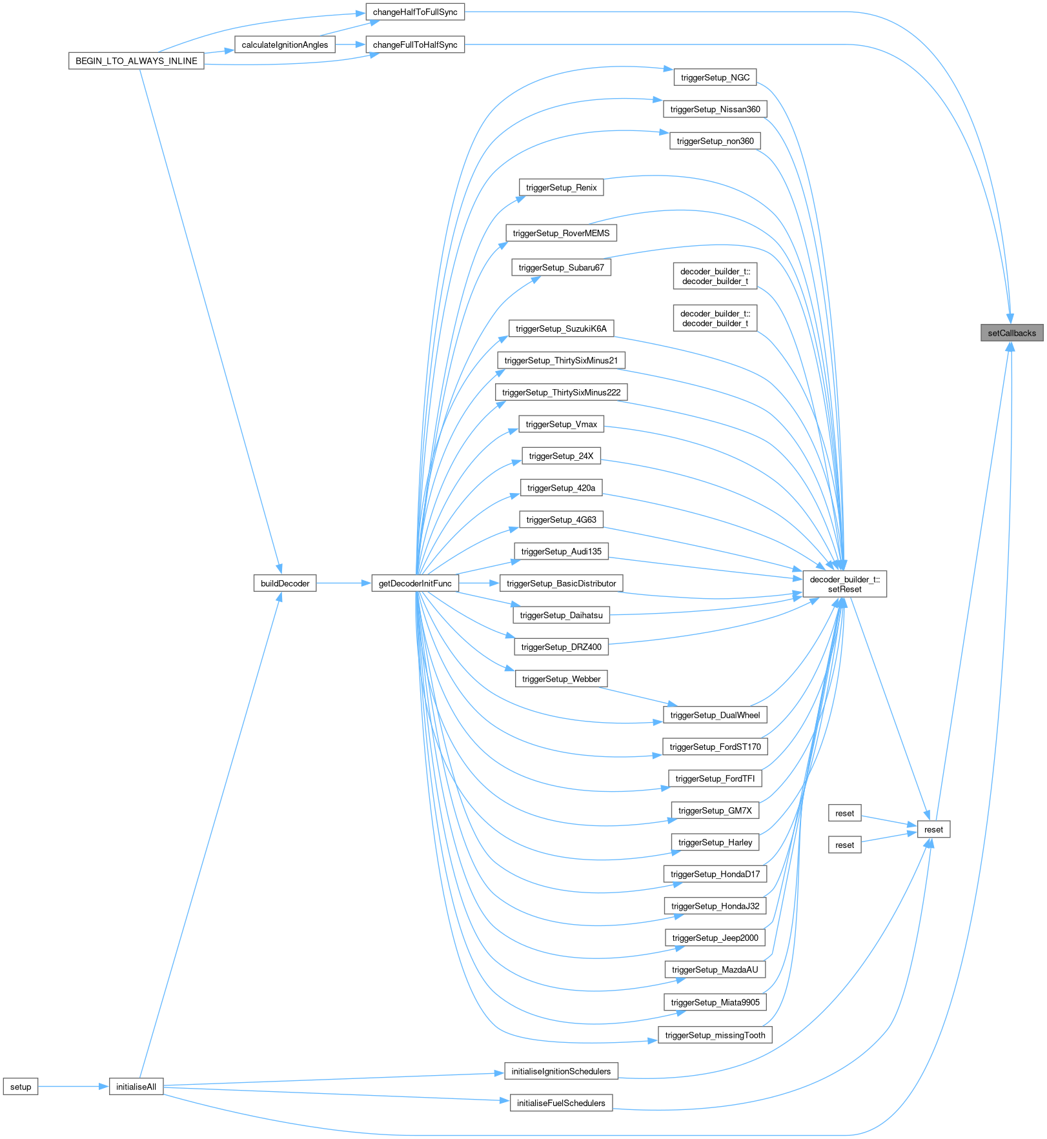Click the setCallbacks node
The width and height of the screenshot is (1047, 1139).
[1011, 333]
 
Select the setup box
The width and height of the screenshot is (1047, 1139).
[21, 1087]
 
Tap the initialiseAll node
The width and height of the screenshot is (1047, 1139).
[136, 1087]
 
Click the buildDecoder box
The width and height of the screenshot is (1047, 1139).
[285, 583]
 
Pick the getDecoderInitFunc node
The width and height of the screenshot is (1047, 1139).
[415, 583]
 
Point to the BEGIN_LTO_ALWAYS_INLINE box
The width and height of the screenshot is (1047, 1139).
[136, 61]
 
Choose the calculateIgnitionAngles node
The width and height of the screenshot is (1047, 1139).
[285, 45]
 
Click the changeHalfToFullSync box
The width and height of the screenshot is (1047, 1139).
[415, 12]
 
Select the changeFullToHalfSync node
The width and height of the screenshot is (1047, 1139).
[415, 45]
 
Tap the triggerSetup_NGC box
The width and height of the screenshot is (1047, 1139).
[715, 77]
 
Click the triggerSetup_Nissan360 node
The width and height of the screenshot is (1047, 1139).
[715, 109]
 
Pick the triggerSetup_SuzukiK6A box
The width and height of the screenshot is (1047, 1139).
[561, 328]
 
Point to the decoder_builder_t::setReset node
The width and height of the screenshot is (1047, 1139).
[844, 584]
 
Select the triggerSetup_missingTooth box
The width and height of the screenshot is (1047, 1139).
[715, 1035]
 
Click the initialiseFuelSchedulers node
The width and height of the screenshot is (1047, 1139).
[561, 1103]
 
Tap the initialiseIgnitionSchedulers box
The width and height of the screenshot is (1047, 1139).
[561, 1071]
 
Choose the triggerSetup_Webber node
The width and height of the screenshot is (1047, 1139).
[561, 679]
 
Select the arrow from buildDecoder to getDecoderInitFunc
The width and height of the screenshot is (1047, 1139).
[343, 583]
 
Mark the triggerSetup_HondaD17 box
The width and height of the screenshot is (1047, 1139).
[715, 874]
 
